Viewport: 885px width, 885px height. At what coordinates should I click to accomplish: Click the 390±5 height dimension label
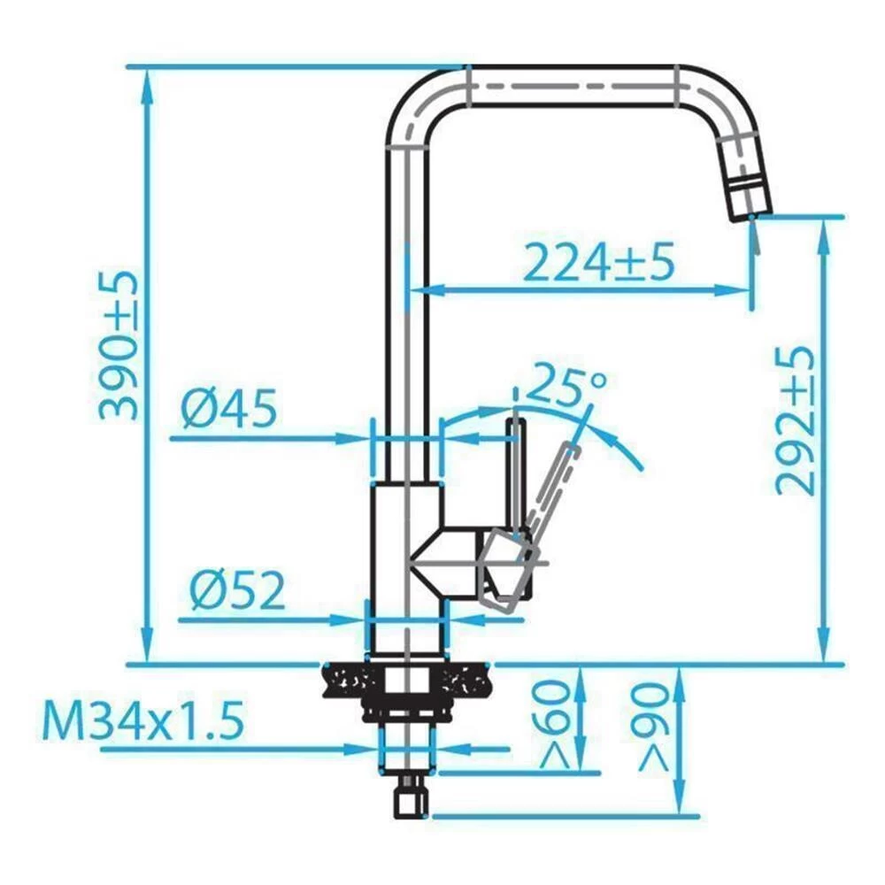coord(119,345)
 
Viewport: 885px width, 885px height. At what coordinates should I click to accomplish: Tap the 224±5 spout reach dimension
coord(598,262)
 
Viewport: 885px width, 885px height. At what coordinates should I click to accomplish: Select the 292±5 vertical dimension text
coord(794,419)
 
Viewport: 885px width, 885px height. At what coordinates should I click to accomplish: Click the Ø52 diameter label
coord(238,590)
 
